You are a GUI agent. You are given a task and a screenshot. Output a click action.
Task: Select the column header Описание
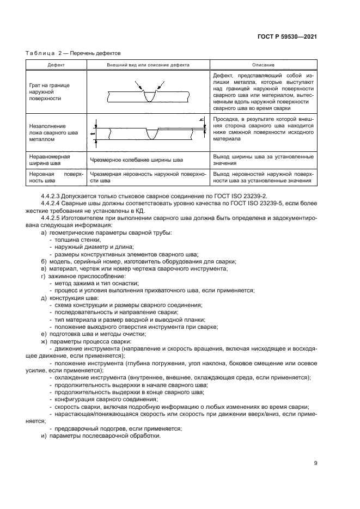263,65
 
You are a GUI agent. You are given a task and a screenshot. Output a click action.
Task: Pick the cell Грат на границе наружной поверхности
49,92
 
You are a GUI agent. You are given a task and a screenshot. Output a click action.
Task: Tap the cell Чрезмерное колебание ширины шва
137,160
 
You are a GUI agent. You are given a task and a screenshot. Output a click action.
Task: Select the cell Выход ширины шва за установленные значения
263,160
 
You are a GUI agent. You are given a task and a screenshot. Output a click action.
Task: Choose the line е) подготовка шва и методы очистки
90,334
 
